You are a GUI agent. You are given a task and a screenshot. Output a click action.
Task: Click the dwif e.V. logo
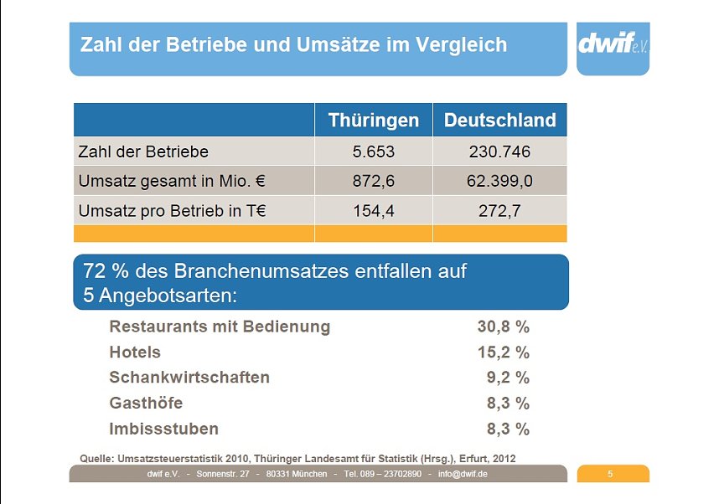tap(613, 44)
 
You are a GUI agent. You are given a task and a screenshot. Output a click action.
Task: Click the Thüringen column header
tap(373, 120)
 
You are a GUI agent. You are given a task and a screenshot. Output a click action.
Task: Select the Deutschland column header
tap(499, 120)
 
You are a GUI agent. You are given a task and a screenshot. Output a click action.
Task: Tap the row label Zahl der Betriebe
tap(143, 152)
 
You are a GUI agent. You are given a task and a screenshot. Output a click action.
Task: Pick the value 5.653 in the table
tap(373, 152)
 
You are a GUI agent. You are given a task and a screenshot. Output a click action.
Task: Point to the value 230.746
tap(499, 152)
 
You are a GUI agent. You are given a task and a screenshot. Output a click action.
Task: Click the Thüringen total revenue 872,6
tap(373, 181)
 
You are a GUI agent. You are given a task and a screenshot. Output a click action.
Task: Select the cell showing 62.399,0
tap(499, 181)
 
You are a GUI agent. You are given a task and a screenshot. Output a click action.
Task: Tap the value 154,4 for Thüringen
tap(373, 211)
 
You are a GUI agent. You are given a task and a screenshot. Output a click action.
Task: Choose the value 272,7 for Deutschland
tap(499, 211)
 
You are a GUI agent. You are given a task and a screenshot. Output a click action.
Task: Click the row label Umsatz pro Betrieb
tap(172, 211)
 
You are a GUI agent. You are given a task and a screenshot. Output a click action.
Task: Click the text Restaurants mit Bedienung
tap(220, 327)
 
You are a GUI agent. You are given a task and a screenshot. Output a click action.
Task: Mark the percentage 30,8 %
tap(503, 327)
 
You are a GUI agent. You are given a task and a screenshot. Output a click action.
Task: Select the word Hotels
tap(135, 352)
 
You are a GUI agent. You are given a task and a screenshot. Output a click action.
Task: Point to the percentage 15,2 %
tap(503, 352)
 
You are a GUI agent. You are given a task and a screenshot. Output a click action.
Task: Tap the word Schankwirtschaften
tap(189, 378)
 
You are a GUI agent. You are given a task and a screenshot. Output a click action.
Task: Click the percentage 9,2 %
tap(508, 378)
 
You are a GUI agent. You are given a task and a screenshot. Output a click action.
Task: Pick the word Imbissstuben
tap(163, 429)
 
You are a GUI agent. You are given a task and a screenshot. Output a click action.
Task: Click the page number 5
tap(610, 475)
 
